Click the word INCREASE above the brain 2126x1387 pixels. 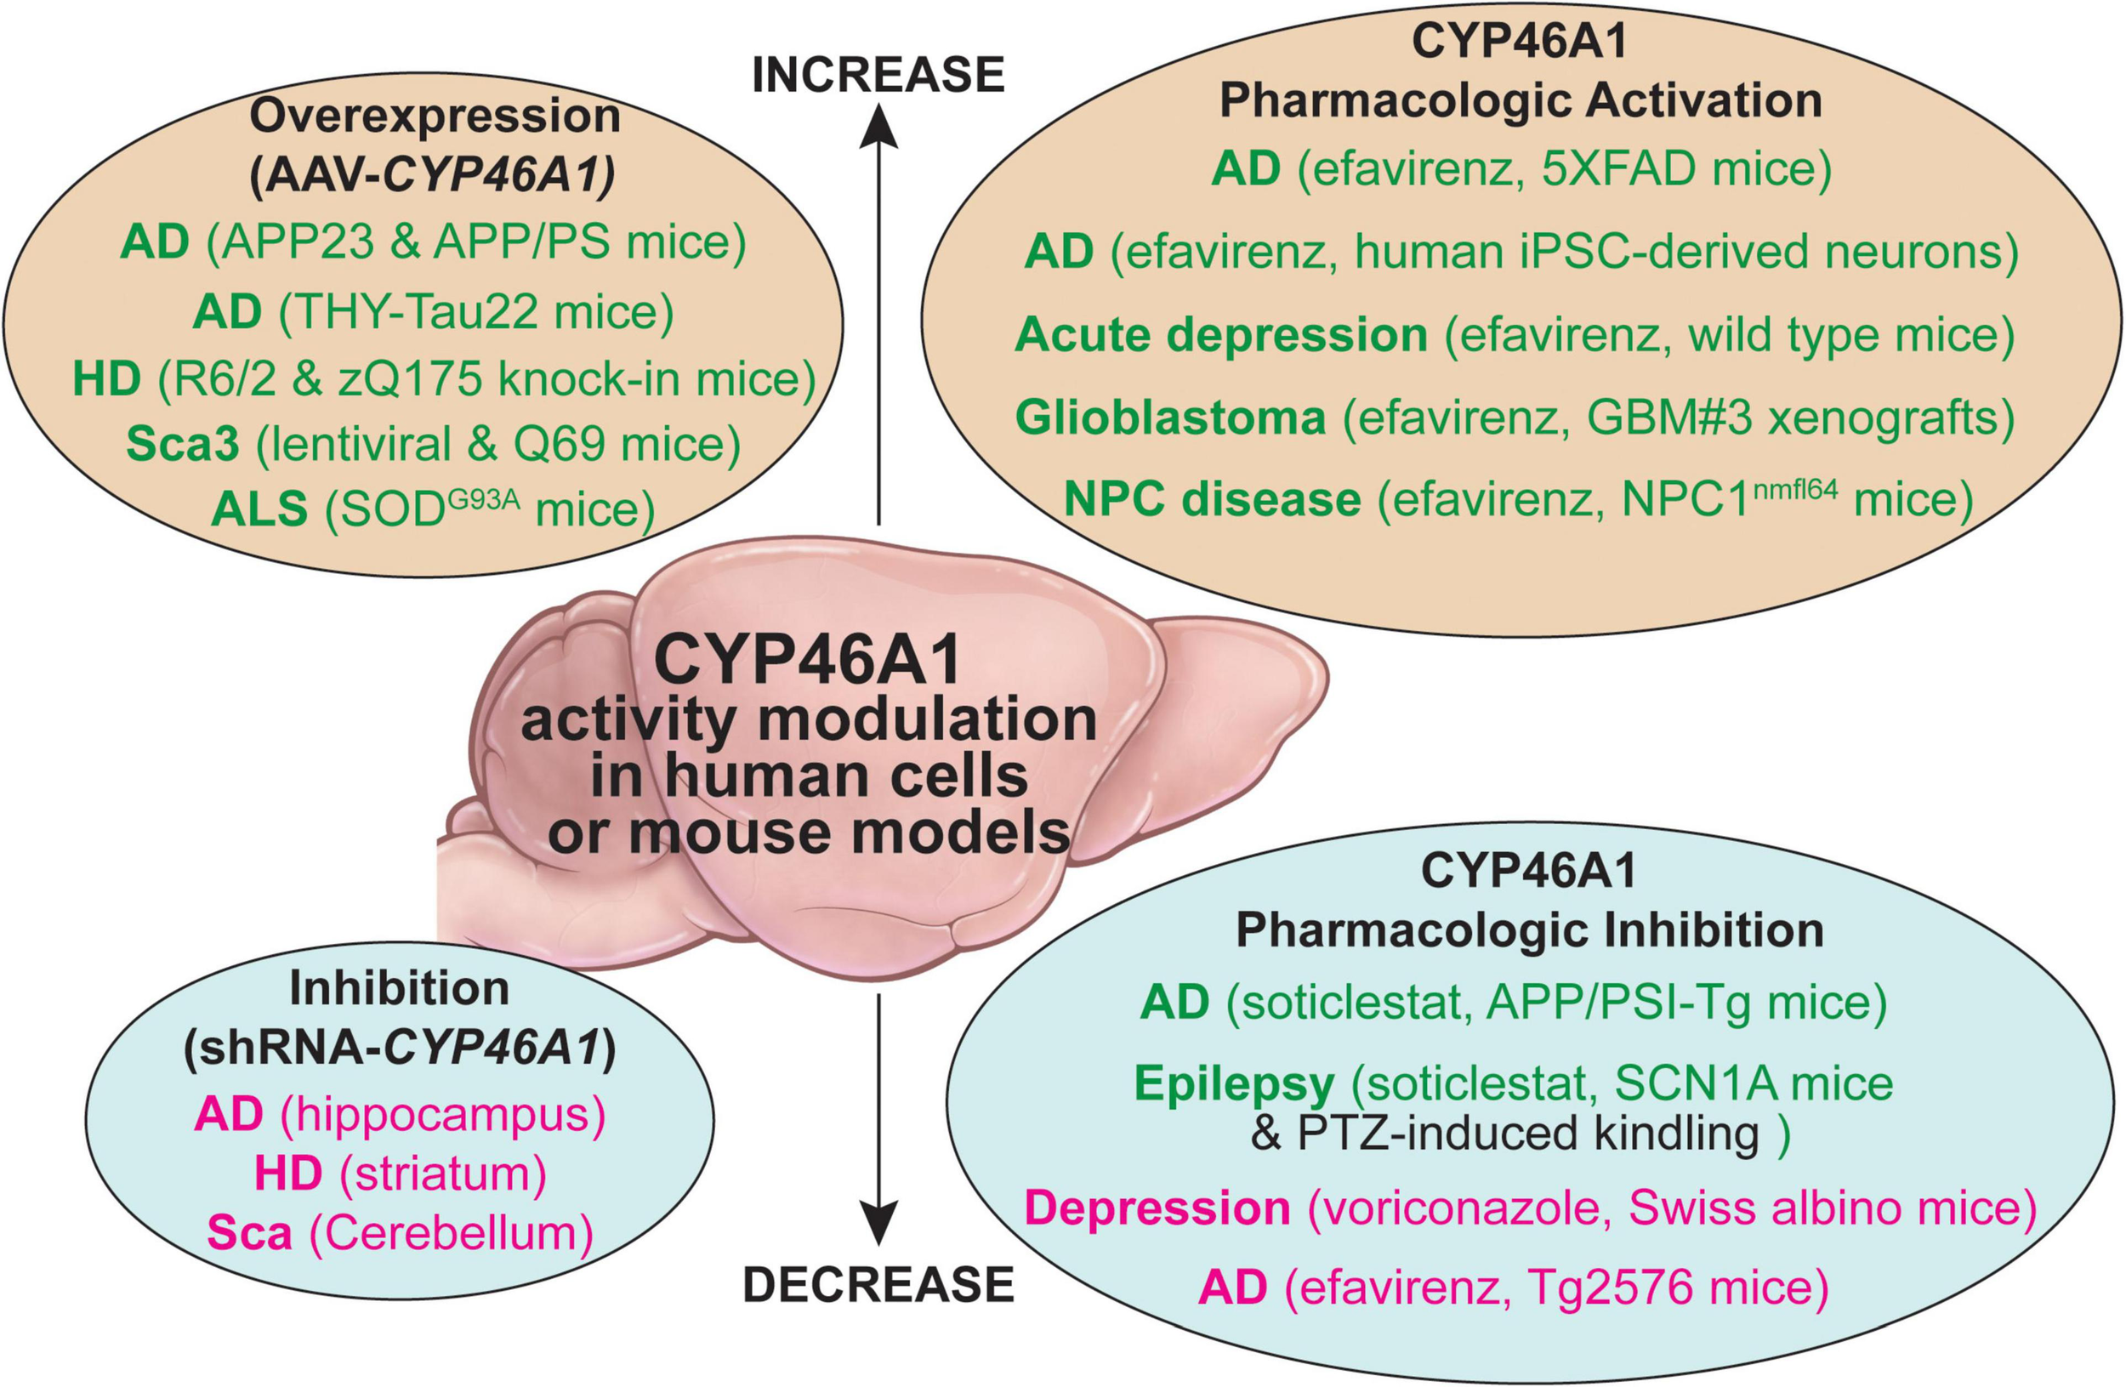[878, 75]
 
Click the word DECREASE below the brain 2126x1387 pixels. [878, 1284]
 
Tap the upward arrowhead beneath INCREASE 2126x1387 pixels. [879, 125]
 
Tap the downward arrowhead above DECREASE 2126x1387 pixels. [879, 1224]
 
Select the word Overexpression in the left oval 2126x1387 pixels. [435, 117]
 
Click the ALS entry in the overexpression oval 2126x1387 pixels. [260, 509]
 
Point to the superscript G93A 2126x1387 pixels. [482, 497]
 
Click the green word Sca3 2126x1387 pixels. [183, 444]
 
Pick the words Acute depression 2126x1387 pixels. [1221, 336]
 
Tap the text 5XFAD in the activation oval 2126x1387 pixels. [1617, 168]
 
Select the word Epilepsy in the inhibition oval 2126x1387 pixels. [1234, 1084]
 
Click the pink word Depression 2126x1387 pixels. [1157, 1208]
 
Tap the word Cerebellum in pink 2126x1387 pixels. [451, 1233]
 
